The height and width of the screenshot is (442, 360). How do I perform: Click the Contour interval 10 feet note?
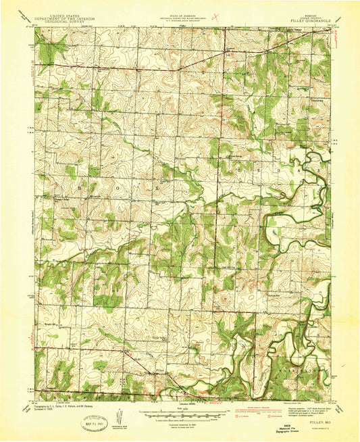[180, 416]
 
